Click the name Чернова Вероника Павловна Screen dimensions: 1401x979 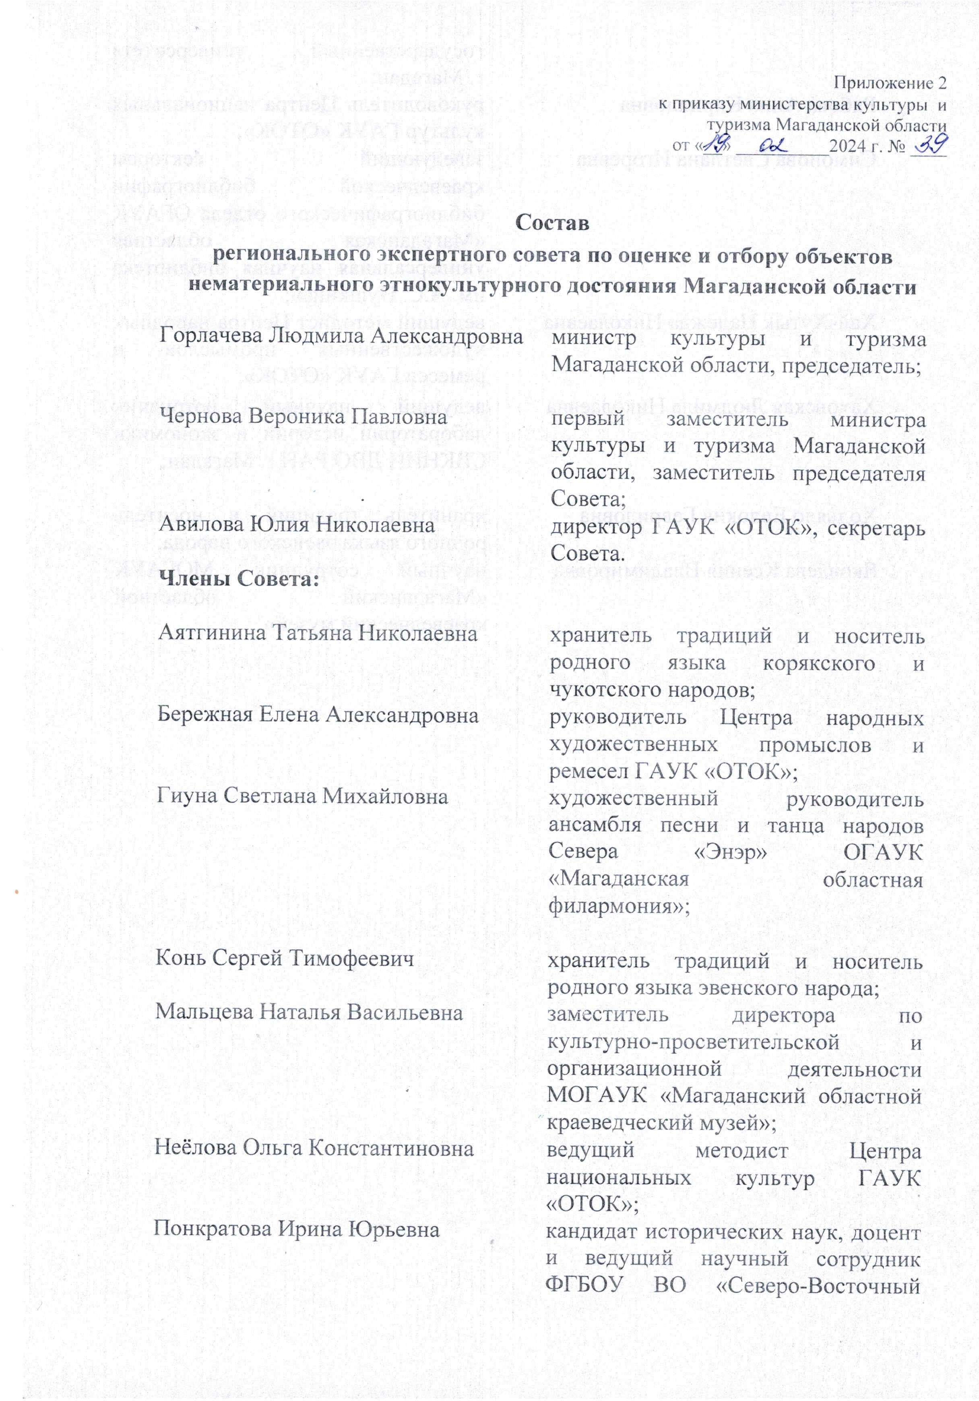click(303, 417)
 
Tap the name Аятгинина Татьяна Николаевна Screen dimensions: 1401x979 click(317, 633)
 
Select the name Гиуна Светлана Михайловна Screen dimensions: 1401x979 click(302, 796)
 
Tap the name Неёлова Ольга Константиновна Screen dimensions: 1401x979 click(314, 1149)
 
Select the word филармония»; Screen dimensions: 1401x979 click(619, 906)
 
